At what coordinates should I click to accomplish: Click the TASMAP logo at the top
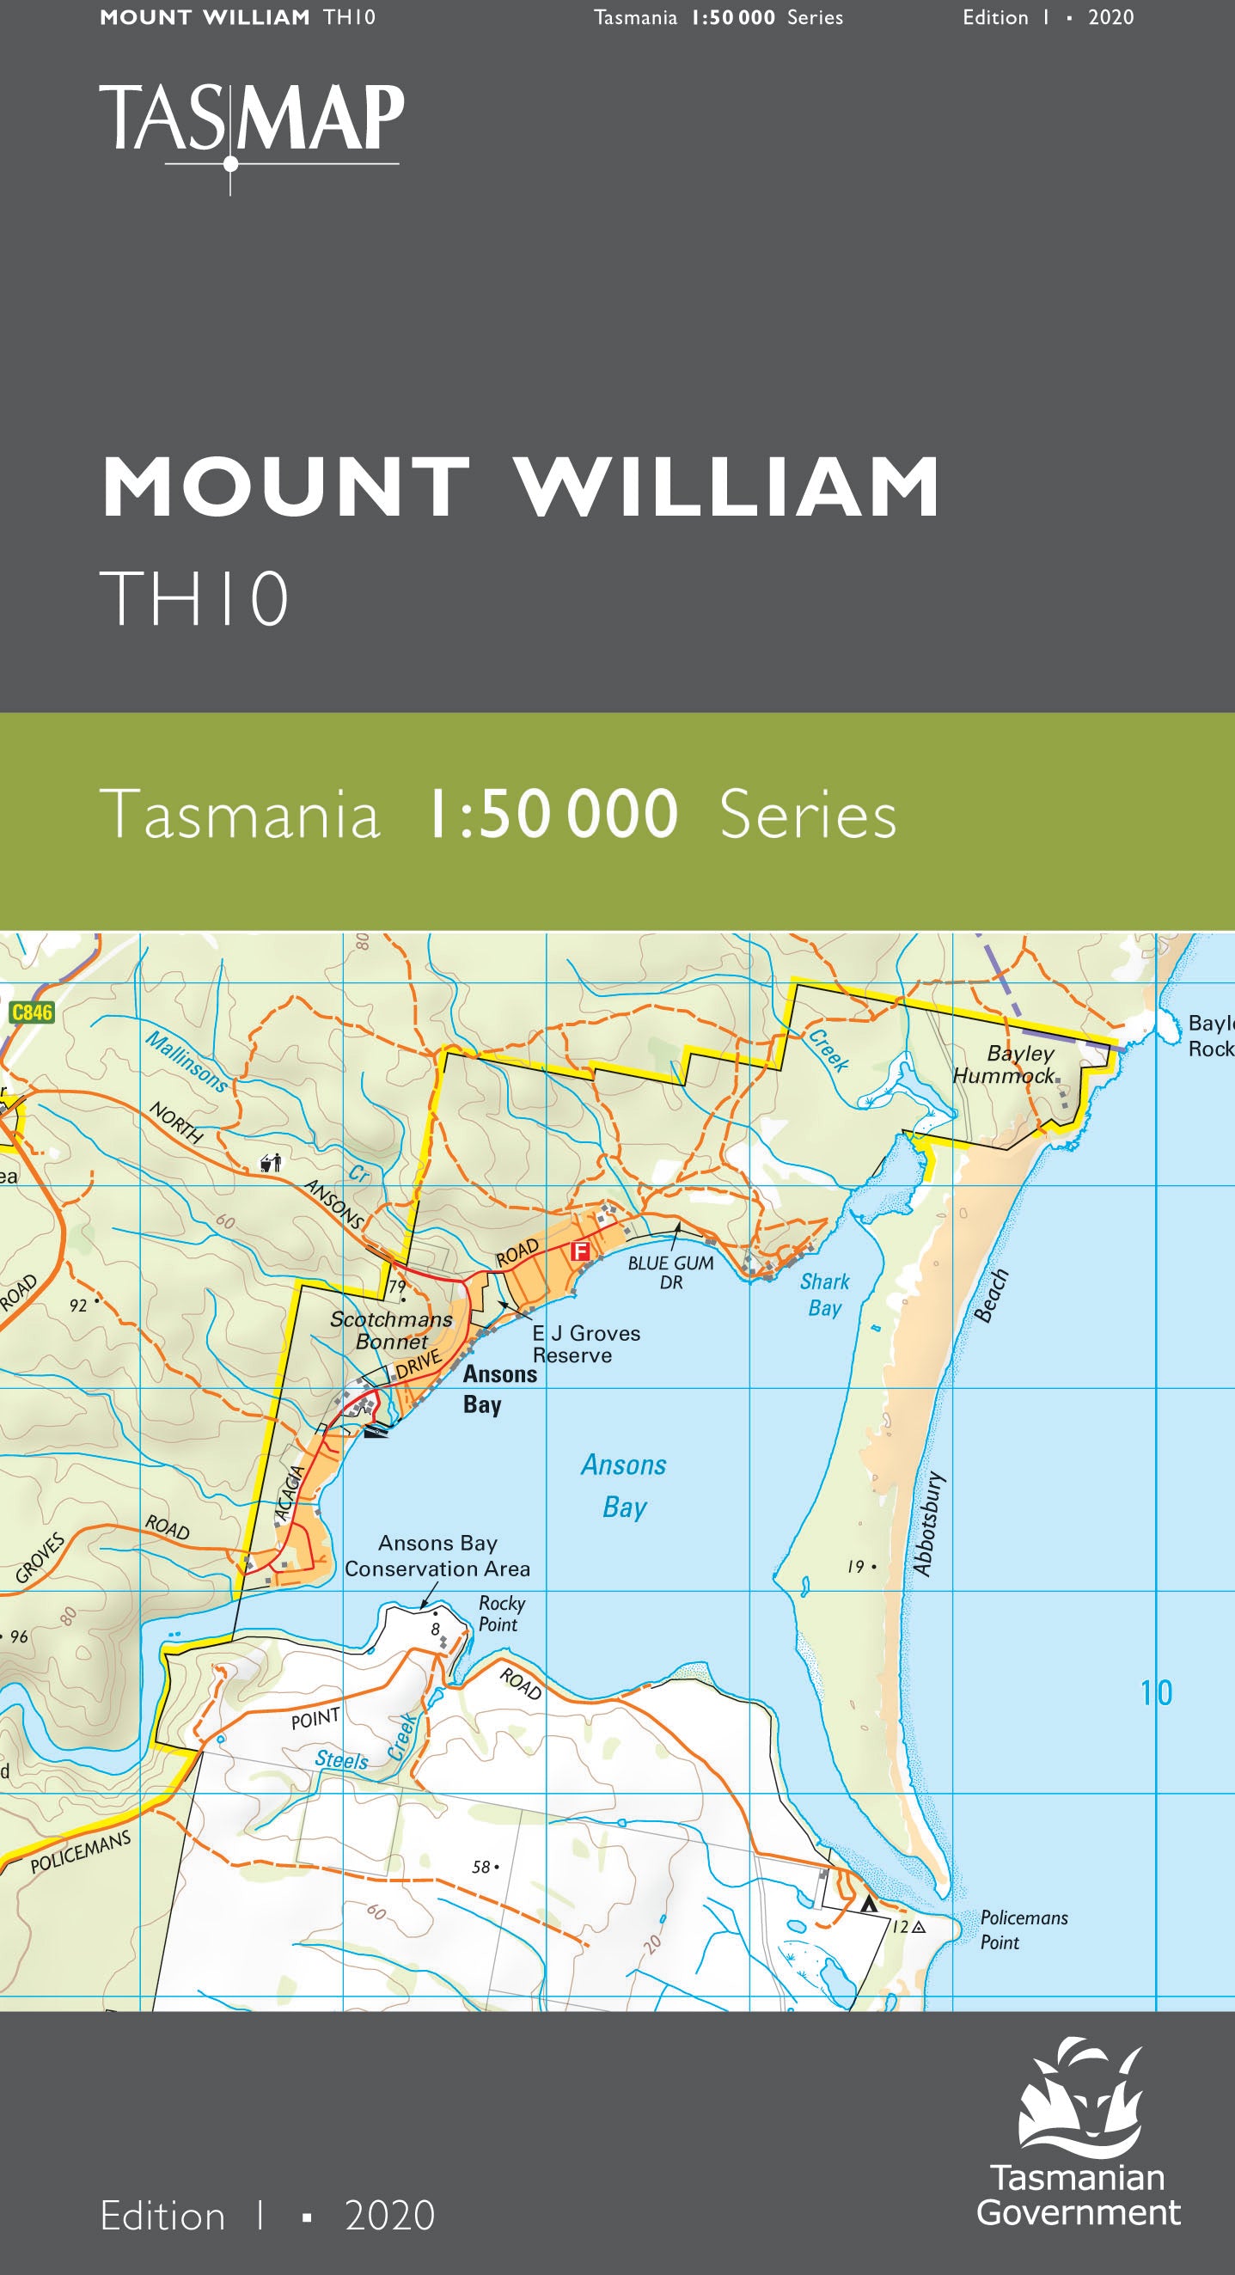point(251,124)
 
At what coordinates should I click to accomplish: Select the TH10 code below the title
point(194,598)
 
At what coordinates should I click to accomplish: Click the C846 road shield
point(32,1012)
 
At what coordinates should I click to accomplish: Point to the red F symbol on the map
point(579,1251)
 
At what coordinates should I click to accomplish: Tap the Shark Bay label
point(825,1294)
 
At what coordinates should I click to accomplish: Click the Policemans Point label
point(1023,1929)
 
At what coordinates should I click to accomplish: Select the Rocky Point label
point(501,1613)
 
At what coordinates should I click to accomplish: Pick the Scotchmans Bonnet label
point(391,1330)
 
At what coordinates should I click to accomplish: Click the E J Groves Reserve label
point(585,1344)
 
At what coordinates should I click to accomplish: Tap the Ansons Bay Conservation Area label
point(437,1556)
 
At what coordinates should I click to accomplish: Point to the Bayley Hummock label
point(1009,1064)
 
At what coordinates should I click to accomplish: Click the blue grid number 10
point(1157,1693)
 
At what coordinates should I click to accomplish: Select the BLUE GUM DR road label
point(670,1272)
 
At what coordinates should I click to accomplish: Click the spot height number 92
point(77,1306)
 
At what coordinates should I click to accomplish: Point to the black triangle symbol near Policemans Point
point(869,1905)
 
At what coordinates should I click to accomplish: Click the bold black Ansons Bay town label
point(499,1389)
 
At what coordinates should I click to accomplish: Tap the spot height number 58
point(480,1867)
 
